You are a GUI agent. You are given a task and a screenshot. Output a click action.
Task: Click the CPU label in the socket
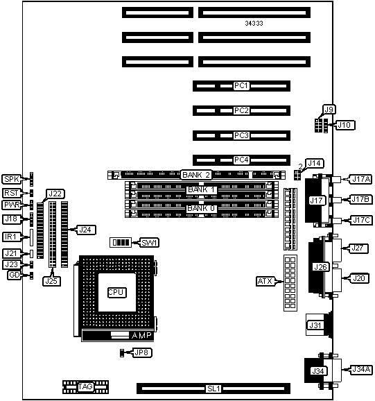116,292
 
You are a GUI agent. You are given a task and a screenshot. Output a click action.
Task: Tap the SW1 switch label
150,242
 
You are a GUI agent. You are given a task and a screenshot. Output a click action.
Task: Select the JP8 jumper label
142,352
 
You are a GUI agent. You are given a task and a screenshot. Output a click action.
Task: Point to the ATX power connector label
265,281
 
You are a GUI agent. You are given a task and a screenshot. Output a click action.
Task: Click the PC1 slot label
241,85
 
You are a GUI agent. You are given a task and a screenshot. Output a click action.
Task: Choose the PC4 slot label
241,160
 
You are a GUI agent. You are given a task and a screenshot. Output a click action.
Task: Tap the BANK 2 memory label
196,175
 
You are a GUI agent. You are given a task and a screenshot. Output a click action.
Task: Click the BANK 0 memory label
201,208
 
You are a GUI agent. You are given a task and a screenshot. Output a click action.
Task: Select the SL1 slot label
213,389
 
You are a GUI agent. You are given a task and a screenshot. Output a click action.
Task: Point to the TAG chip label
85,386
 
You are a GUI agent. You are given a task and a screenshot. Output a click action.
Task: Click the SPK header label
12,179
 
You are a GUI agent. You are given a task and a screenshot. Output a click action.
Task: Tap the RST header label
11,193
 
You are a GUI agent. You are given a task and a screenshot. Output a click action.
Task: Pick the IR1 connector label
11,237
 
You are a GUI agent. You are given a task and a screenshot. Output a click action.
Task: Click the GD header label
15,275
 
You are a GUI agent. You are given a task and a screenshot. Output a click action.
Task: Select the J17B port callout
360,199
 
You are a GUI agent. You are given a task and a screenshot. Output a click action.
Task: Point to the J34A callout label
360,369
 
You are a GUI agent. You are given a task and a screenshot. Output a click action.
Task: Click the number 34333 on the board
254,24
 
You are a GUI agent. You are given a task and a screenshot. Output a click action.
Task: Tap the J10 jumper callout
345,125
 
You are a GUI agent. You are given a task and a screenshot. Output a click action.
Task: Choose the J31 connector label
315,325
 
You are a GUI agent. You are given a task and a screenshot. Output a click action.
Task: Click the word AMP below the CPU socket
141,335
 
